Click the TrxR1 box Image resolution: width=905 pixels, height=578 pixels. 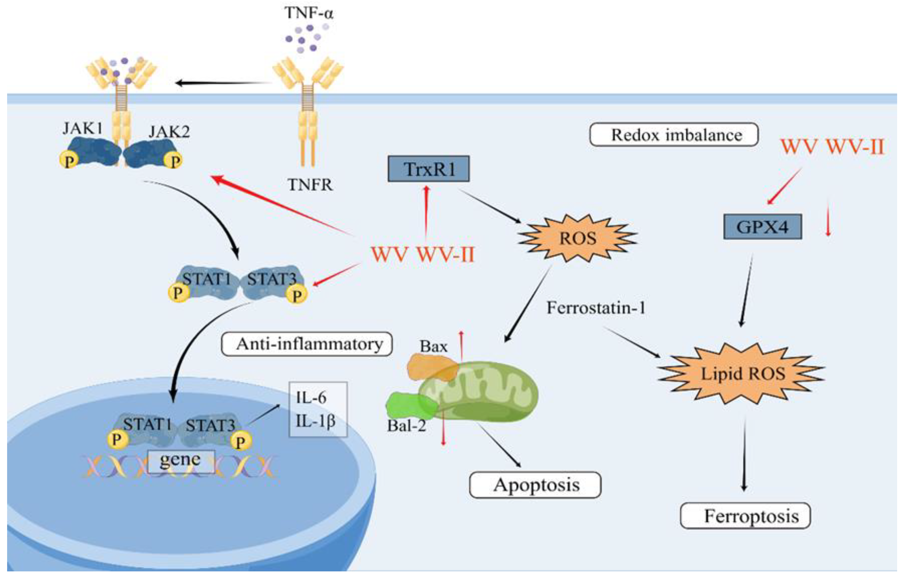(428, 169)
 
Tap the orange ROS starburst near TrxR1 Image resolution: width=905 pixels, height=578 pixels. (578, 238)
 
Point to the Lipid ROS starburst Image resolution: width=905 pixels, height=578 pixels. (742, 374)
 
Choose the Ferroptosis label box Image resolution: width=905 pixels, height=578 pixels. (745, 516)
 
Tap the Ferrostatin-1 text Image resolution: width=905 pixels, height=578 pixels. (596, 308)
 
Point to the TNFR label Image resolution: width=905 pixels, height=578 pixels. (310, 185)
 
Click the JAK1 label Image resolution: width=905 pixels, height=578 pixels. (83, 129)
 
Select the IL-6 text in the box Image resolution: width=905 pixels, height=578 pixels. (311, 397)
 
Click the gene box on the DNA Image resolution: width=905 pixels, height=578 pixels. (181, 461)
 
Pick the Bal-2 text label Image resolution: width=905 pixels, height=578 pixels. (407, 426)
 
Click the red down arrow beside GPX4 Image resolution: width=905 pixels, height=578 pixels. (828, 220)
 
